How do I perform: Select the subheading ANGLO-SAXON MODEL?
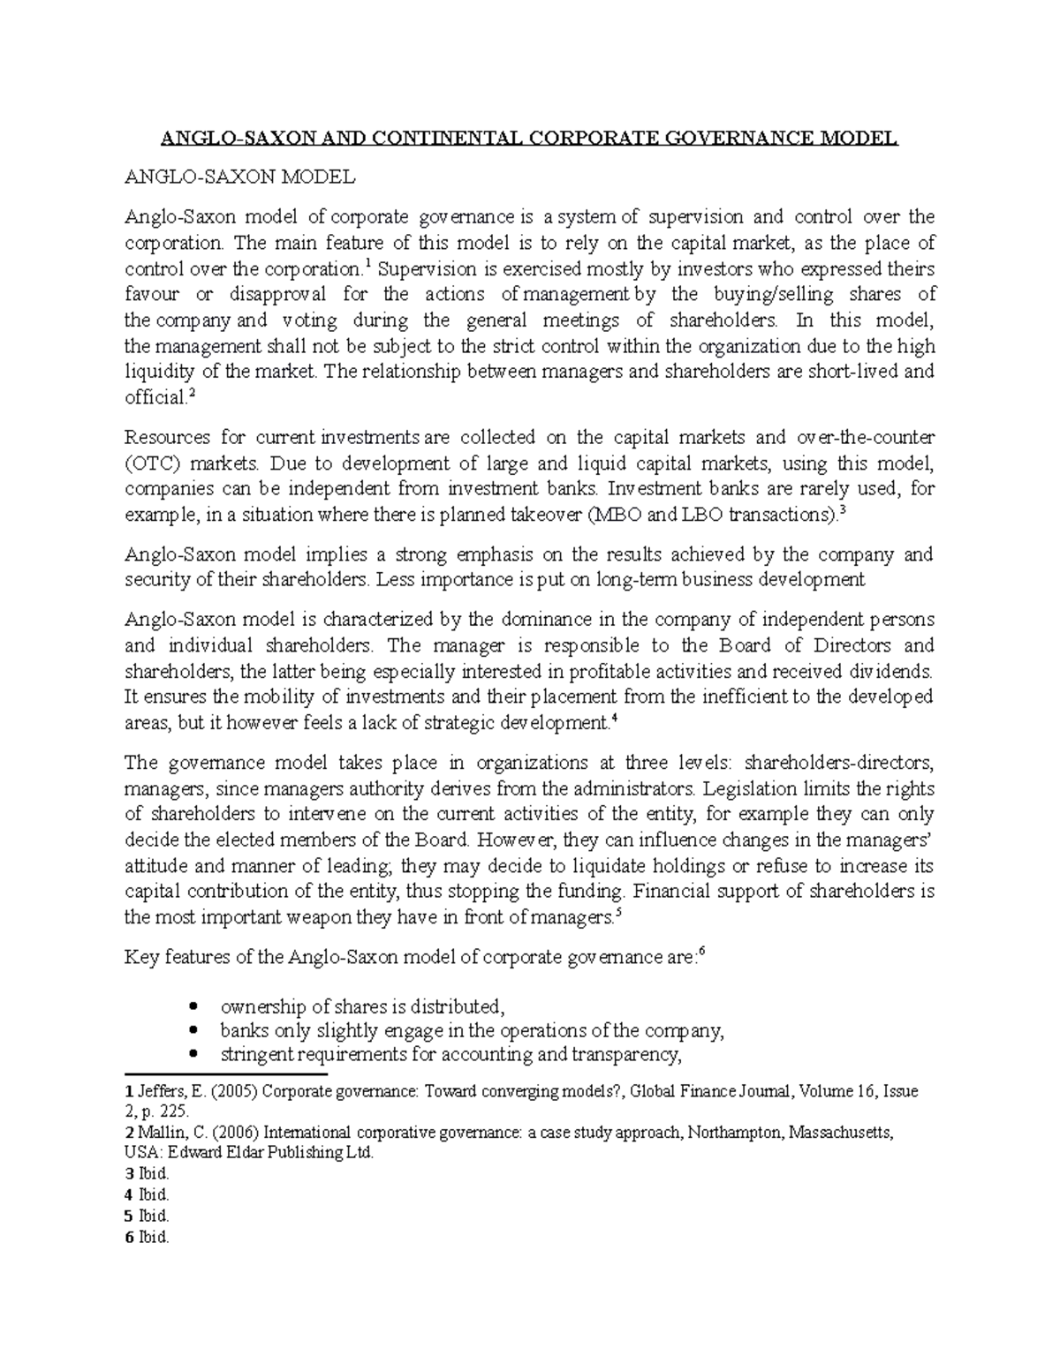[x=240, y=177]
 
